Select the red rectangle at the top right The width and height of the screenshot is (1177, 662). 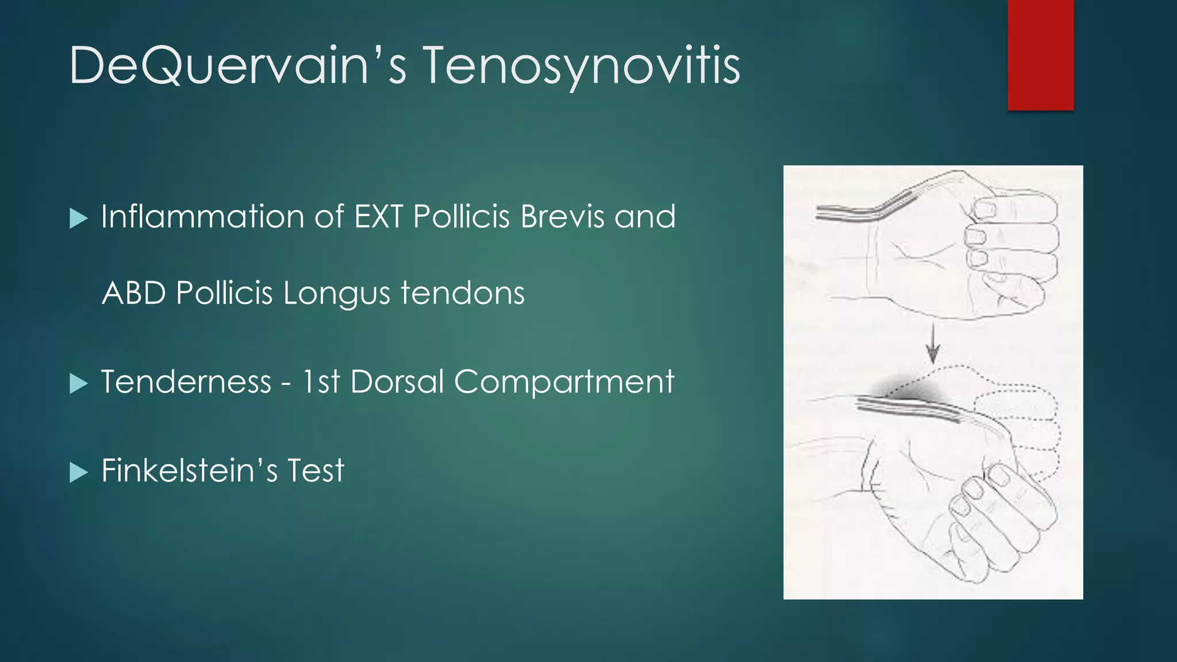1040,55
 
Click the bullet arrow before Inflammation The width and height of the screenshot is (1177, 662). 78,218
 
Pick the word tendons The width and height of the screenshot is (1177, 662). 463,293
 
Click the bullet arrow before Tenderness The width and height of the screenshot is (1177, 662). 78,383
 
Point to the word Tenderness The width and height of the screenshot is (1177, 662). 186,382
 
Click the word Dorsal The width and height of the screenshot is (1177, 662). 397,382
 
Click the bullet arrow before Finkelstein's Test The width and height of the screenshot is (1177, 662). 78,472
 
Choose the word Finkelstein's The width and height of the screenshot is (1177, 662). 189,471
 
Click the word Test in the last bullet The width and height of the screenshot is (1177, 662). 316,471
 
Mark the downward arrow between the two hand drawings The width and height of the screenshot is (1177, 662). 933,344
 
